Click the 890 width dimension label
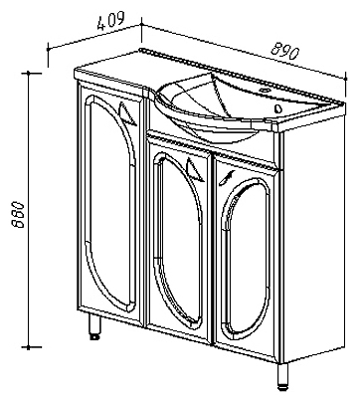(284, 52)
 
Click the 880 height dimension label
(18, 214)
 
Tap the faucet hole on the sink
(266, 90)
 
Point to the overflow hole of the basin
(278, 107)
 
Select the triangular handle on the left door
(127, 114)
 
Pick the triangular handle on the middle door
(195, 170)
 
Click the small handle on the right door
(227, 178)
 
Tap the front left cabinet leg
(94, 326)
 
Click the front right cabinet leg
(281, 376)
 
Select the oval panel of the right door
(246, 258)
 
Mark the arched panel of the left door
(110, 202)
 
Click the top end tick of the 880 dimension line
(29, 73)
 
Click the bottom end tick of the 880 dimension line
(29, 347)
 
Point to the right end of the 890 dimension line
(346, 79)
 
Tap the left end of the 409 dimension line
(49, 49)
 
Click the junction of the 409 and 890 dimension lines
(142, 24)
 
